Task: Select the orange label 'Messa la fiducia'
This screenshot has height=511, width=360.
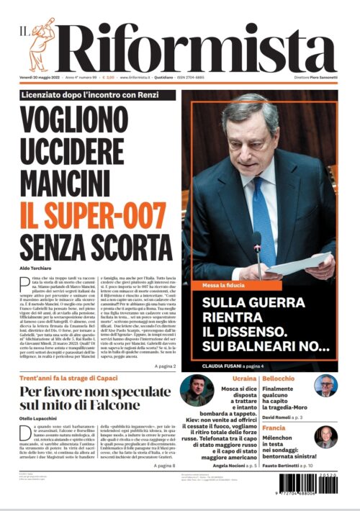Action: pos(222,285)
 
